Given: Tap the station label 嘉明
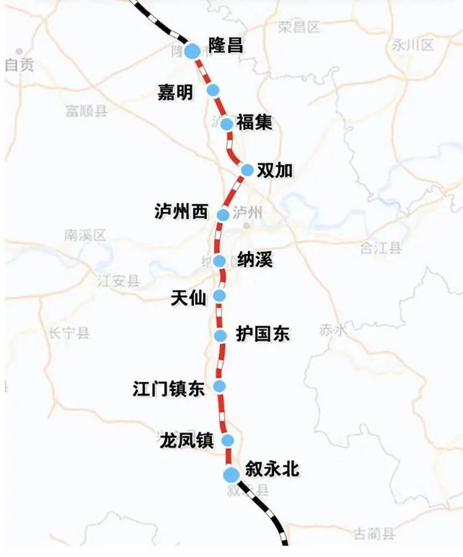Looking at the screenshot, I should click(176, 92).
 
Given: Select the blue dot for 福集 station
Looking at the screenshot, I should click(226, 124).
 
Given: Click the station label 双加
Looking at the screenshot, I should click(276, 170).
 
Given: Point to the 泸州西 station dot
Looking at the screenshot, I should click(223, 214).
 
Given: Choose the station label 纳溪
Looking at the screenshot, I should click(255, 260).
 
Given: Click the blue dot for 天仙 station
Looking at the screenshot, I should click(220, 295).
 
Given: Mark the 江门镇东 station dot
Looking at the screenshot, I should click(219, 386).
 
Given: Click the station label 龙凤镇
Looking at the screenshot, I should click(186, 440).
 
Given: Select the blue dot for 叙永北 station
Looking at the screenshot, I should click(231, 474).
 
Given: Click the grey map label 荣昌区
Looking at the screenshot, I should click(299, 27).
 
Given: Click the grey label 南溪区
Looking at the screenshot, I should click(85, 235).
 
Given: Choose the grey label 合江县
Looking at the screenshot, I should click(381, 248).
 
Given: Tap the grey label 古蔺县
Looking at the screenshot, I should click(375, 535).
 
